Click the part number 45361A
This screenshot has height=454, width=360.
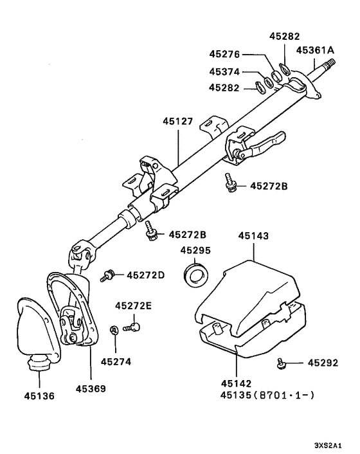tap(314, 50)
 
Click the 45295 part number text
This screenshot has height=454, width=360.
tap(195, 250)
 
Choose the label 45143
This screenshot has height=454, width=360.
tap(254, 236)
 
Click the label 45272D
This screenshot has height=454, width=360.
tap(145, 275)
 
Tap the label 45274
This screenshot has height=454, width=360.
tap(115, 361)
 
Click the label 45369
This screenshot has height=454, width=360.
tap(91, 388)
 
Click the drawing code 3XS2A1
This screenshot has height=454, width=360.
tap(329, 445)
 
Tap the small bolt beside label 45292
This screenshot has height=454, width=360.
tap(282, 364)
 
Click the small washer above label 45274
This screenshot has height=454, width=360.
tap(114, 330)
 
